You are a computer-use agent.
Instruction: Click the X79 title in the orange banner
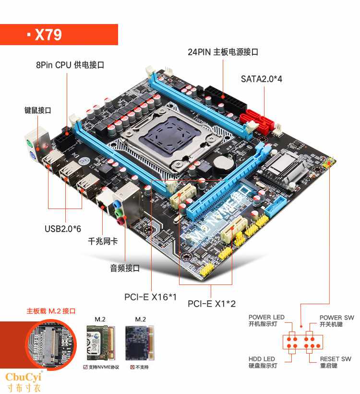click(48, 35)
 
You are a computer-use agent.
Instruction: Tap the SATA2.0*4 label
click(262, 79)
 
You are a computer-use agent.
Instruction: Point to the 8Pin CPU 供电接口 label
click(70, 65)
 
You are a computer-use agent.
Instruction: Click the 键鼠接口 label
click(38, 110)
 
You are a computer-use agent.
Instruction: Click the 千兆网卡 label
click(102, 241)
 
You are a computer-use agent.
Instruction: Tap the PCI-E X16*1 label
click(150, 297)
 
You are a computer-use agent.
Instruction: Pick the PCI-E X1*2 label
click(211, 303)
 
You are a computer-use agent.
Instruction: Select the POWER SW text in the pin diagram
click(336, 318)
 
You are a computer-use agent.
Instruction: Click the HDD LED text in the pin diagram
click(262, 359)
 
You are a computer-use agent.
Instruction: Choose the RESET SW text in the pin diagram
click(336, 359)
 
